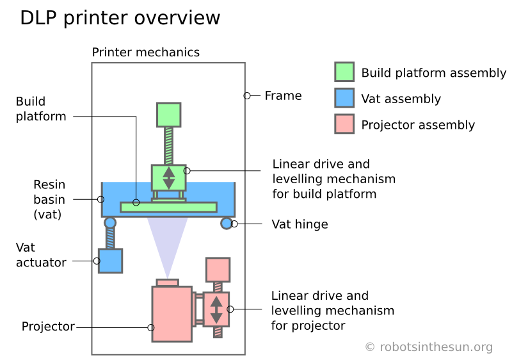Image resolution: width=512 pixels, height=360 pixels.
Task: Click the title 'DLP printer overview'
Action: (x=120, y=18)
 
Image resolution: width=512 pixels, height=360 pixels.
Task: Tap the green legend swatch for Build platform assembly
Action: (x=344, y=72)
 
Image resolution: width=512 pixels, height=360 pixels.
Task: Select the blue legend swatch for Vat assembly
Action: (x=344, y=98)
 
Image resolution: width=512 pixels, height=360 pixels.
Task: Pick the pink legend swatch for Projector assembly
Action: (x=344, y=124)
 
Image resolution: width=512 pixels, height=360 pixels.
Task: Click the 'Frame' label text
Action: (x=283, y=96)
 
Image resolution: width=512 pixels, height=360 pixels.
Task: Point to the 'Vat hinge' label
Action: (x=300, y=224)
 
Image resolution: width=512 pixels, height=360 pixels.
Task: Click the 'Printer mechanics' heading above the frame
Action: (x=146, y=53)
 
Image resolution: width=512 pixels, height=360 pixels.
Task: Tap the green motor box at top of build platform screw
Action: (x=169, y=115)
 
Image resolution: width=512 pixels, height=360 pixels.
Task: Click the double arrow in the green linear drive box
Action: (x=169, y=177)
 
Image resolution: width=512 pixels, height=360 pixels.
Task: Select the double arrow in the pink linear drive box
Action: (x=216, y=310)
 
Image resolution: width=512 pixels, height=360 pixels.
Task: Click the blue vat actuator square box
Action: (x=110, y=261)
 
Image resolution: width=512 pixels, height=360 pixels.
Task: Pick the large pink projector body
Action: (x=172, y=314)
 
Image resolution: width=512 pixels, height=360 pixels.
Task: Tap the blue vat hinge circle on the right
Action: (x=227, y=223)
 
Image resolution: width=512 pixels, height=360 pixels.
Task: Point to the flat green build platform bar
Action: (x=168, y=207)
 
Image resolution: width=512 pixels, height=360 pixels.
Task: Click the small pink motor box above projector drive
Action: (x=218, y=269)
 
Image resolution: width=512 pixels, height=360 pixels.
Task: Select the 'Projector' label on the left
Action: (x=48, y=327)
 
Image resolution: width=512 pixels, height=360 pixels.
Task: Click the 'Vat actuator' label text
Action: (x=41, y=255)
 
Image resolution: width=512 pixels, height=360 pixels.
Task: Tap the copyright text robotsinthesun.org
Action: (x=429, y=347)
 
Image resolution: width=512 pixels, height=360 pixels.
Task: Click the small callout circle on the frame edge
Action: (x=247, y=96)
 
